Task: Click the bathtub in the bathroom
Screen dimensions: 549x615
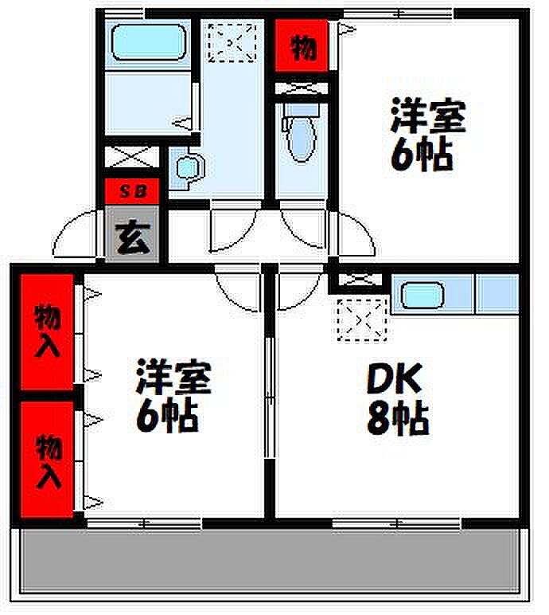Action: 149,42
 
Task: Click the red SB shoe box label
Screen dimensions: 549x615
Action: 132,191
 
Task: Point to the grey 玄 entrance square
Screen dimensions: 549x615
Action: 132,234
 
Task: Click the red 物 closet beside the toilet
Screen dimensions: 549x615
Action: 302,46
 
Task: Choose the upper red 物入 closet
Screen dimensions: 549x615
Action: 47,332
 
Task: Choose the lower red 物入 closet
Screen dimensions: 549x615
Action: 47,459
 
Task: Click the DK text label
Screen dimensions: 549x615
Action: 395,378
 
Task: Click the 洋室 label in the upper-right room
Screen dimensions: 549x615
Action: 428,116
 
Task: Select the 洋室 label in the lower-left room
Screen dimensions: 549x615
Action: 173,377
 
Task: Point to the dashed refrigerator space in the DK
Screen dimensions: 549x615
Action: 362,319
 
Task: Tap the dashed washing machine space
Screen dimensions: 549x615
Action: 232,43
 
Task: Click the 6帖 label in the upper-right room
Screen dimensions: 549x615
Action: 422,155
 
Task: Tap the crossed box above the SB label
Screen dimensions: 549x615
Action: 132,157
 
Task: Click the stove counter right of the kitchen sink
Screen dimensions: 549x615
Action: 496,294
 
